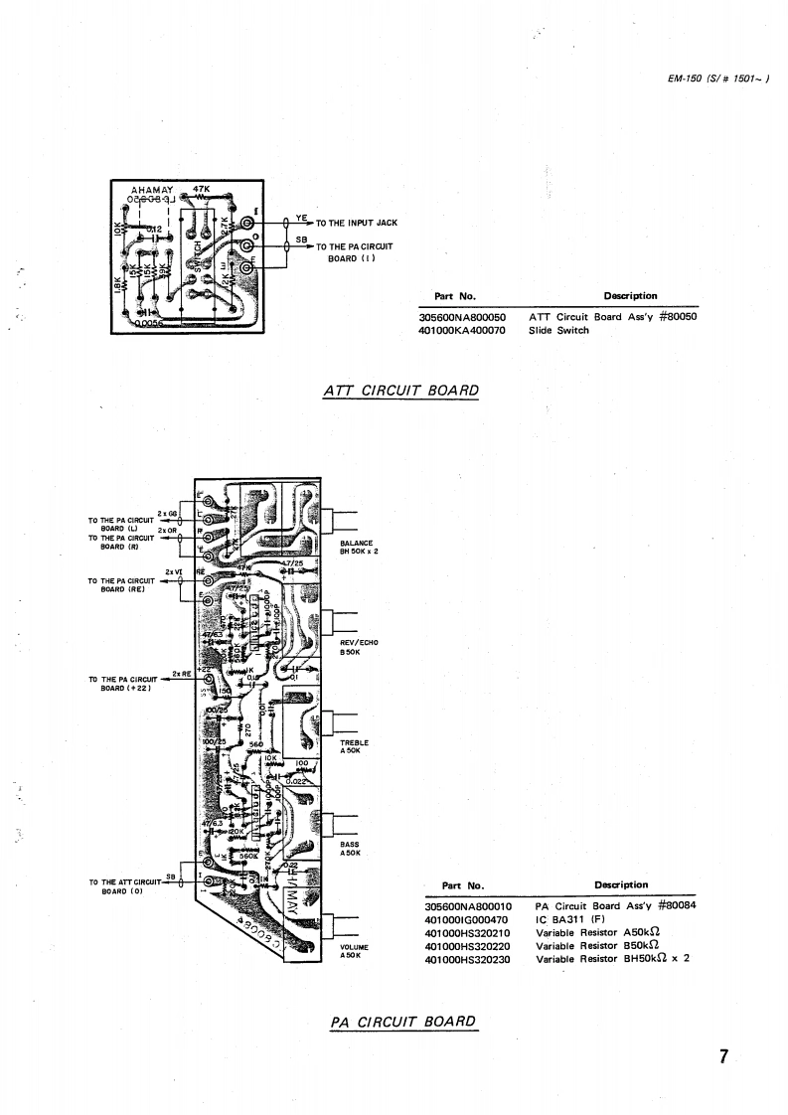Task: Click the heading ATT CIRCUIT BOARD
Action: pos(401,390)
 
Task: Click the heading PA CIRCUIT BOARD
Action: pos(404,1022)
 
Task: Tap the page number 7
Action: pos(724,1055)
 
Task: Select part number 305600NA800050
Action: pos(463,317)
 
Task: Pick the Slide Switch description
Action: pos(558,330)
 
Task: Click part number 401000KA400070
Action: pos(463,330)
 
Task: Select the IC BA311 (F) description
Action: pos(574,919)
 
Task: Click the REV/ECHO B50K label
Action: pos(359,647)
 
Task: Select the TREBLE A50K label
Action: pos(354,746)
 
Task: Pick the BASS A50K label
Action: pos(349,849)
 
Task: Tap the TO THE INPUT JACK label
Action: pos(357,223)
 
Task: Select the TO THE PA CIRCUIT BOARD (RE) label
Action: pos(120,584)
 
